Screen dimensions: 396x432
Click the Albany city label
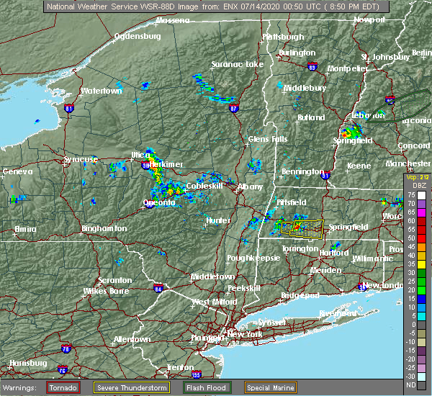tap(250, 186)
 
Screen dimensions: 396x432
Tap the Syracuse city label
tap(80, 159)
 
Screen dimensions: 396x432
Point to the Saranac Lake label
tap(237, 64)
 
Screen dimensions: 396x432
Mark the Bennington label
tap(302, 172)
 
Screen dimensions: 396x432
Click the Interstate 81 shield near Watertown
tap(69, 109)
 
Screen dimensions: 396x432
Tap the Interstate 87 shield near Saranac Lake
tap(234, 109)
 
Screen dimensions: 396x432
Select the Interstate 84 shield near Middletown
tap(158, 289)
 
